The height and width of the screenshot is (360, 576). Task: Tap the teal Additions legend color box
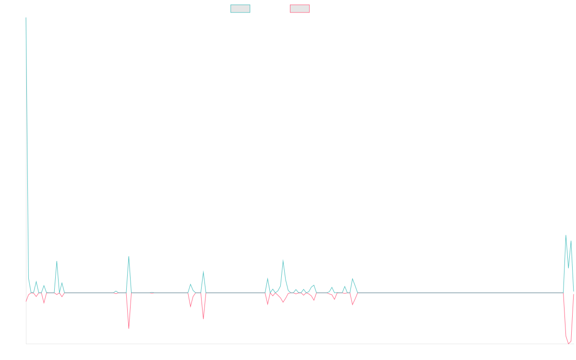[240, 9]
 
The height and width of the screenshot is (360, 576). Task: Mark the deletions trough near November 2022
[129, 328]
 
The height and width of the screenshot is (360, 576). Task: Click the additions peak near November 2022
[129, 256]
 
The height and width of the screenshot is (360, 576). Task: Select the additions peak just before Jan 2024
[283, 260]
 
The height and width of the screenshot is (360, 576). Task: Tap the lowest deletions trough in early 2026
[569, 344]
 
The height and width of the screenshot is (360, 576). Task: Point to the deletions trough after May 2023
[203, 319]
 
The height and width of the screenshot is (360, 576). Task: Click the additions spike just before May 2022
[57, 261]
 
